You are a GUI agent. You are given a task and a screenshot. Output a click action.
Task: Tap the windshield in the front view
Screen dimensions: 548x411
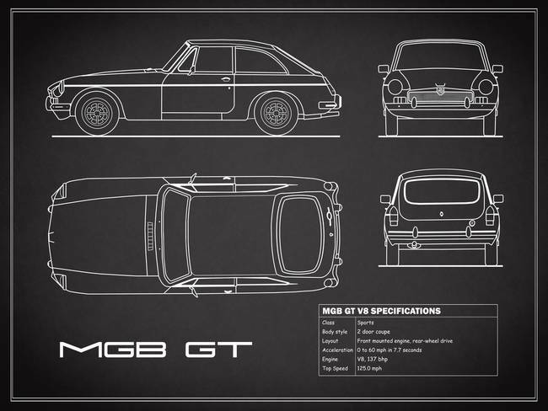(441, 59)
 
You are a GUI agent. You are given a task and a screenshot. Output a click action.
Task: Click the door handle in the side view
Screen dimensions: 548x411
(227, 80)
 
